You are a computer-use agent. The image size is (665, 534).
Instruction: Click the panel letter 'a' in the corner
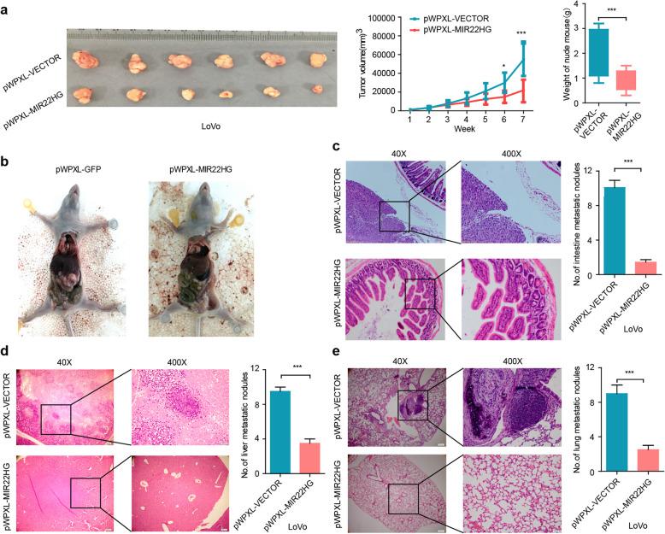8,8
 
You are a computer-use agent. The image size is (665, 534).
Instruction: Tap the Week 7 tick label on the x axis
522,119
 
